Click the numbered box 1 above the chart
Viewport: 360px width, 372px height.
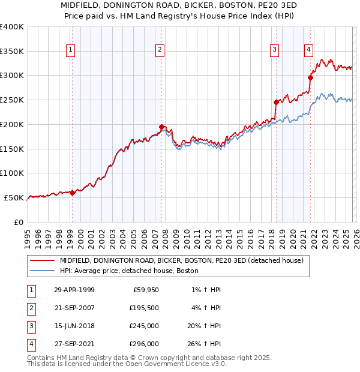[71, 50]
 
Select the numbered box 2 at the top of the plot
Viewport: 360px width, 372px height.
[160, 50]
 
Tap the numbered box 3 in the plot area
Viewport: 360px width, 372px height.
[274, 50]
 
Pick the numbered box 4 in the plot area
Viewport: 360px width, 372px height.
[308, 50]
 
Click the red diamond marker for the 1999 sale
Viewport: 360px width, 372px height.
[72, 193]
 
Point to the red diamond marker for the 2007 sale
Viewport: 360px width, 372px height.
[162, 127]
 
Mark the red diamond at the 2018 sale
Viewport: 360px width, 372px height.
[276, 102]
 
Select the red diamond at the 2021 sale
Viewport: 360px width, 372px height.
[311, 77]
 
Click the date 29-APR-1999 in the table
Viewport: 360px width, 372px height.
[74, 290]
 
